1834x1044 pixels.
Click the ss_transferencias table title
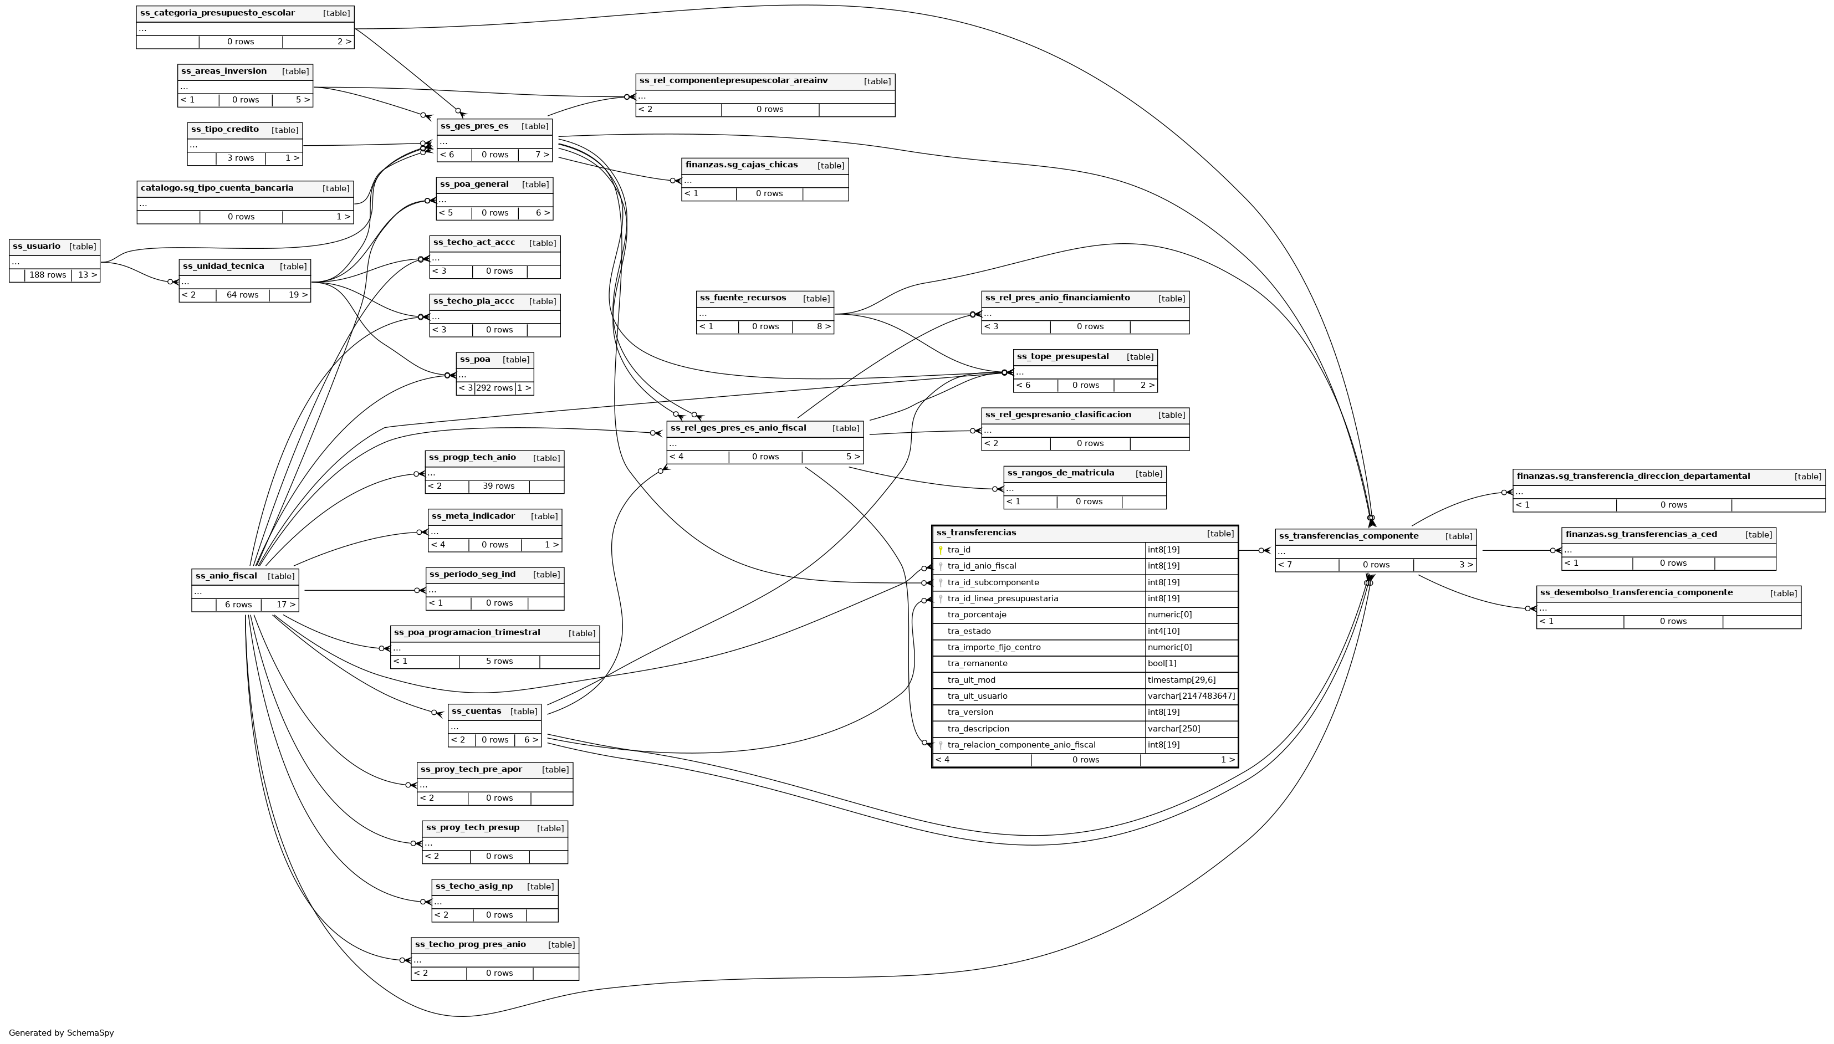pos(976,533)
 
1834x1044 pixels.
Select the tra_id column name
pos(959,550)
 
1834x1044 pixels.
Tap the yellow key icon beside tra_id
pos(941,550)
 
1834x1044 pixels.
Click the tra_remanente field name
pos(977,663)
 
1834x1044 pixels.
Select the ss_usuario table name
pos(37,247)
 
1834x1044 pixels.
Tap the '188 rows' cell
pos(47,275)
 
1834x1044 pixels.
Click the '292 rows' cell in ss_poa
pos(494,388)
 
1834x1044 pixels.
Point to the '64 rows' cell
pos(242,295)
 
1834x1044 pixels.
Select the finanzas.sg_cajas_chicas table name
pos(742,165)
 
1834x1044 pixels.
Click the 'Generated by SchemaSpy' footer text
pos(62,1033)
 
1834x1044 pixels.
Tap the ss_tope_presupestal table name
pos(1062,356)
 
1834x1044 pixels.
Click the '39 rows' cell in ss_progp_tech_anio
pos(498,486)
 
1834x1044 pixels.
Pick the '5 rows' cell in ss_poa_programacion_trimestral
pos(499,661)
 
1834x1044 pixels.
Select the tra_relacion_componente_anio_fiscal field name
pos(1021,745)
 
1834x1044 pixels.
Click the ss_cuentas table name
pos(476,712)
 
